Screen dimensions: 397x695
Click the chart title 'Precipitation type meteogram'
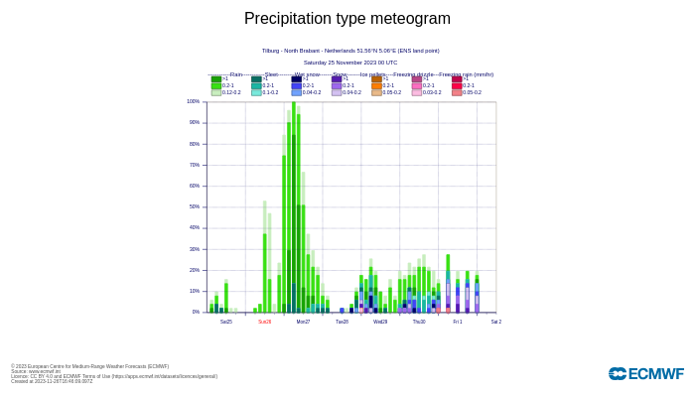[x=347, y=19]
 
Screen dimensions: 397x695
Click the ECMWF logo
[x=645, y=374]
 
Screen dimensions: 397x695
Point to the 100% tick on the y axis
[x=193, y=101]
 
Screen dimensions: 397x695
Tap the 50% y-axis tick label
[x=194, y=206]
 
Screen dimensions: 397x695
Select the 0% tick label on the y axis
[x=196, y=312]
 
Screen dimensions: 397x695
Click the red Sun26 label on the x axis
[x=265, y=322]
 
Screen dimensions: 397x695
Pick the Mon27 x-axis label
[x=303, y=322]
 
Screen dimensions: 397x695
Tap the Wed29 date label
[x=380, y=322]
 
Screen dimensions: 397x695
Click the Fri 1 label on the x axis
[x=458, y=322]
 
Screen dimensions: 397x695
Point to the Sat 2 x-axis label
[x=495, y=322]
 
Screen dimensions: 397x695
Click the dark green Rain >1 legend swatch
[x=215, y=79]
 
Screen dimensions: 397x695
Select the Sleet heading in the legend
[x=271, y=74]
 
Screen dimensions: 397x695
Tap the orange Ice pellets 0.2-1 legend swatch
[x=376, y=85]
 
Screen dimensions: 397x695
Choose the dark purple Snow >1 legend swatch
[x=337, y=79]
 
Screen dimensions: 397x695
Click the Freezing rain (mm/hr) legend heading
[x=466, y=74]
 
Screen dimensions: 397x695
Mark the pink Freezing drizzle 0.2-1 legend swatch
[x=417, y=85]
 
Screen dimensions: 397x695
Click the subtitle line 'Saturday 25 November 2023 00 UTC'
[x=350, y=62]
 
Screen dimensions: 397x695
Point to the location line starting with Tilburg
[x=350, y=51]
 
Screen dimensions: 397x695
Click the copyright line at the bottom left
[x=89, y=366]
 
